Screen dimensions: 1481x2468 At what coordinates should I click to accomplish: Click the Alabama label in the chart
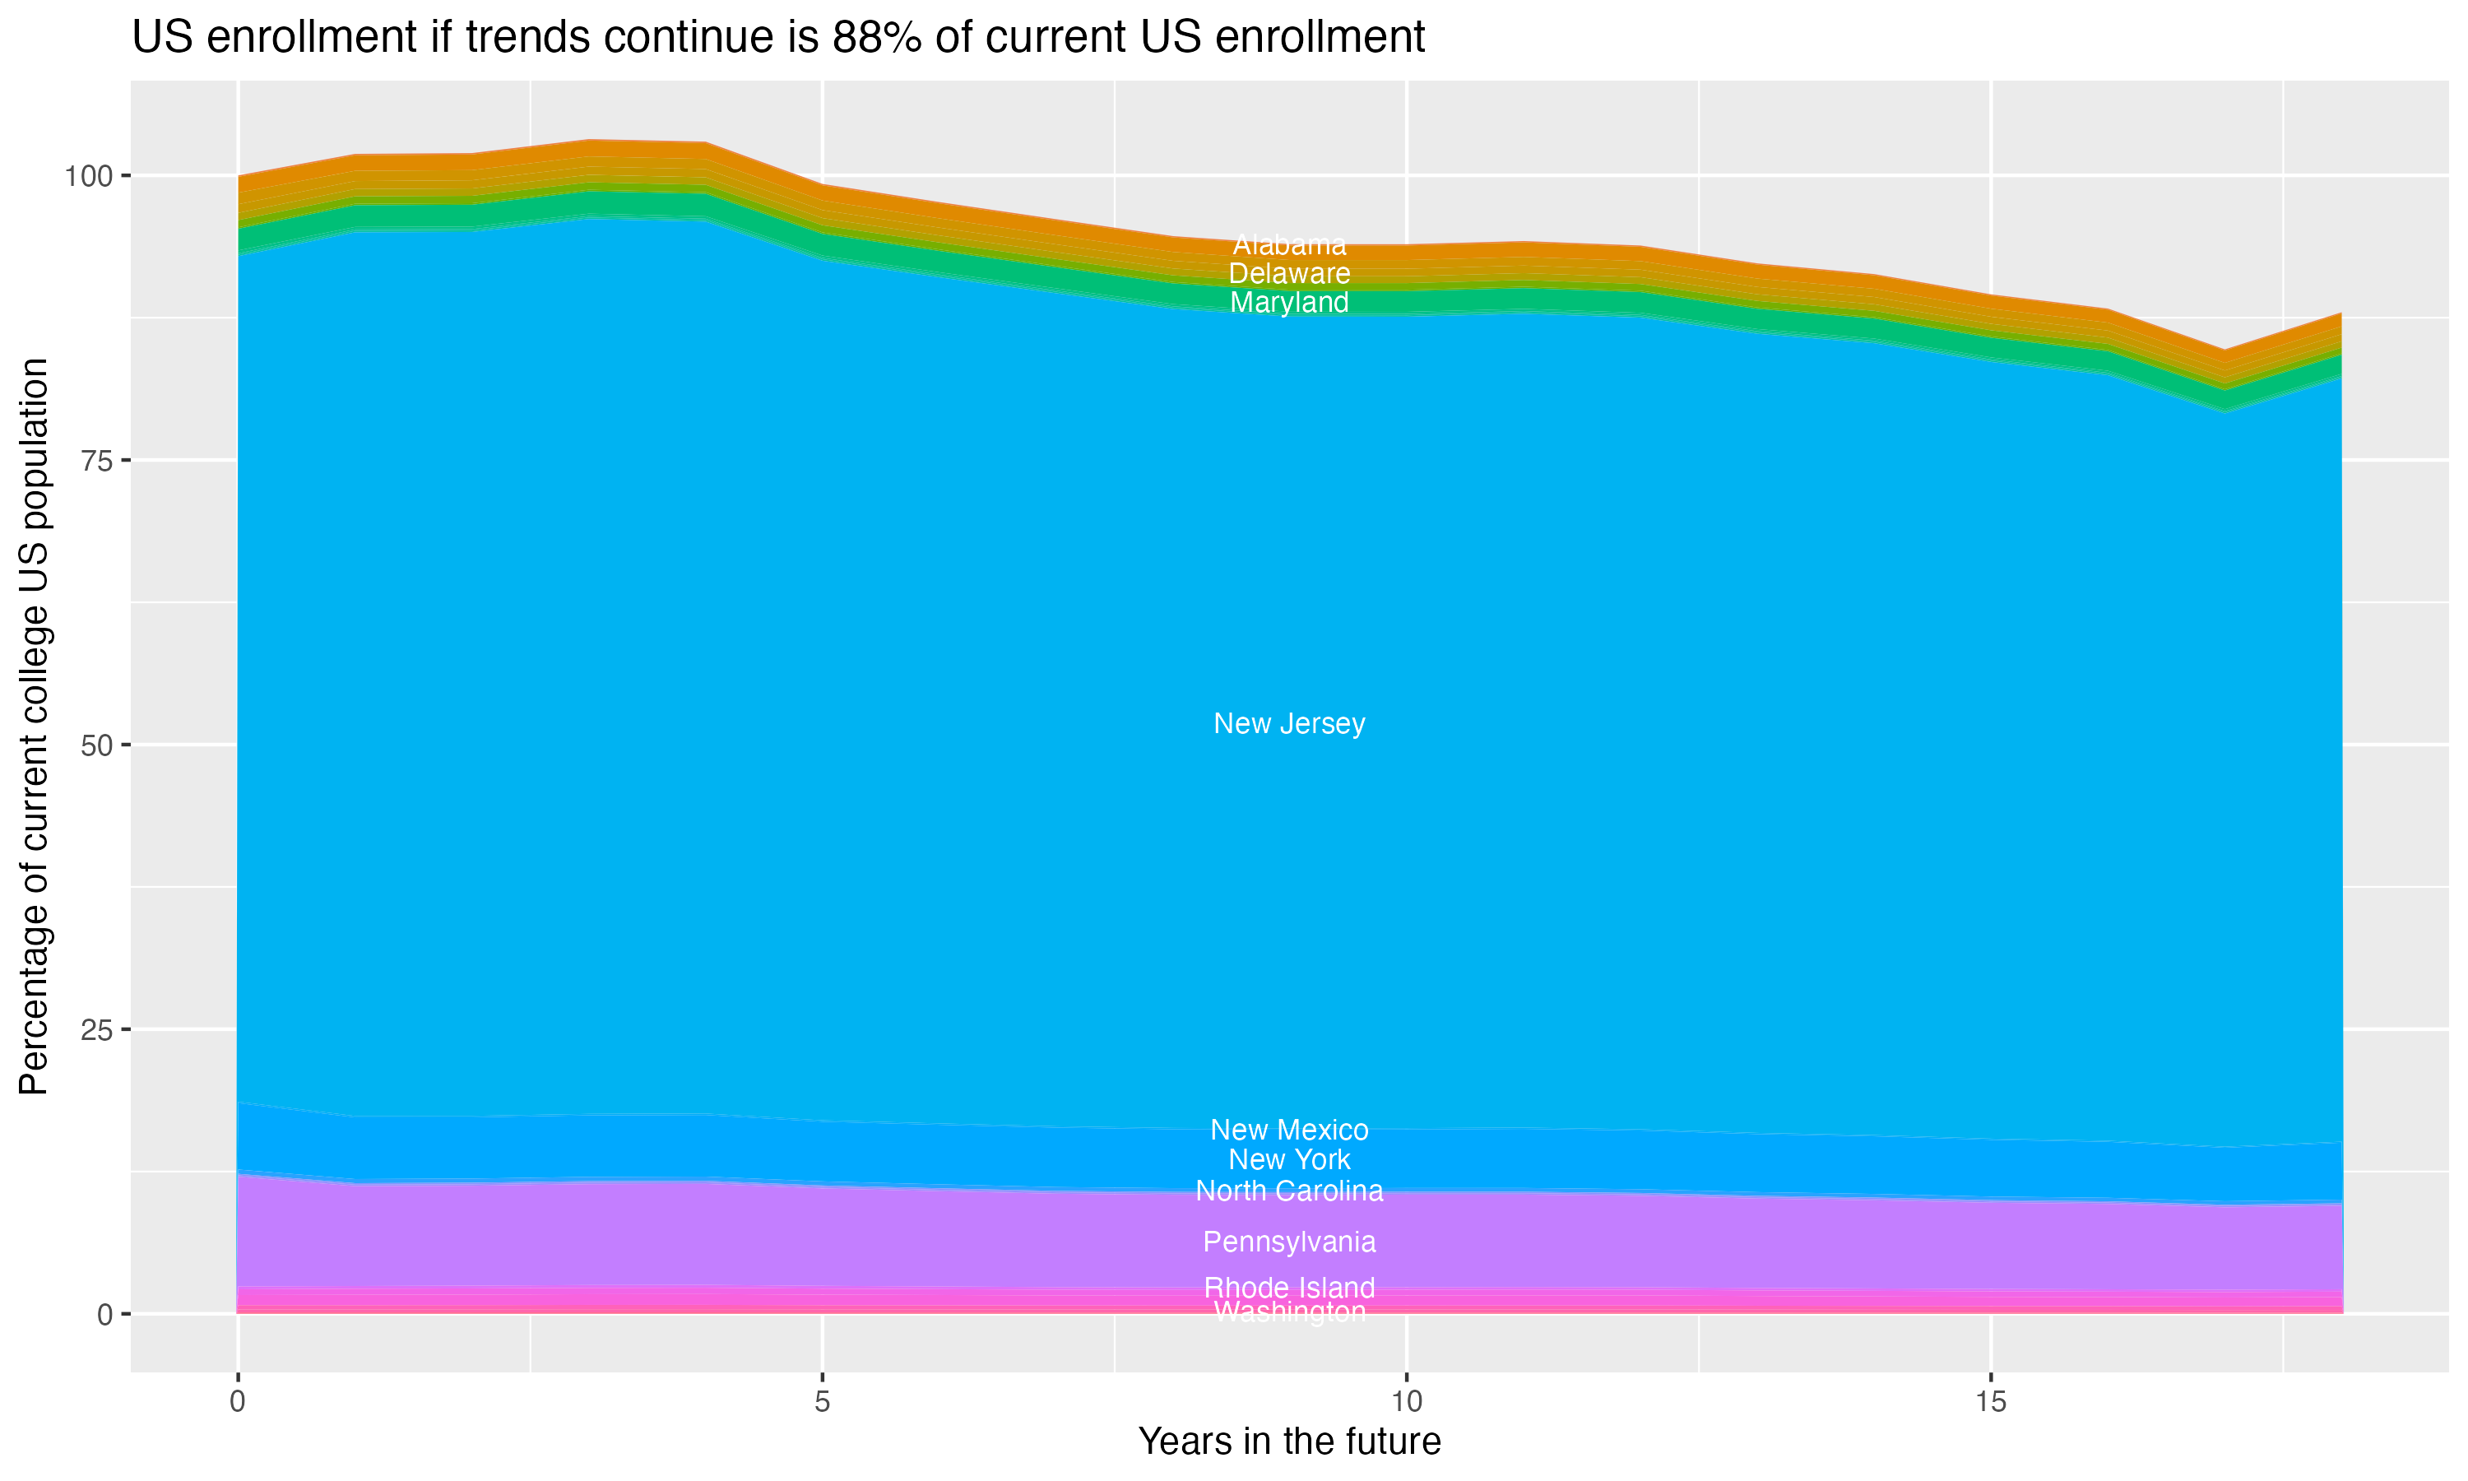[x=1289, y=244]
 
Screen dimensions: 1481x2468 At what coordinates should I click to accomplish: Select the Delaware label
[x=1289, y=273]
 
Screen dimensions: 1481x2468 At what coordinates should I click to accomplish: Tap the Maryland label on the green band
[x=1289, y=303]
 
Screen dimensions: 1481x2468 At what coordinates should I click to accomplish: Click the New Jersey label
[x=1289, y=723]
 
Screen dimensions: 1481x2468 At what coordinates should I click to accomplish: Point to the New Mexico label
[x=1289, y=1130]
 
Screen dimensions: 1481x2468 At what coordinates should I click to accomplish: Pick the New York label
[x=1289, y=1159]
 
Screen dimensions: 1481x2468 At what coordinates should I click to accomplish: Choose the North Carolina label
[x=1289, y=1191]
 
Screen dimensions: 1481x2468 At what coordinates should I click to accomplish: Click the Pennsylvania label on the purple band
[x=1289, y=1242]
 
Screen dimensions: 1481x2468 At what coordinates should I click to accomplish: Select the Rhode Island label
[x=1289, y=1288]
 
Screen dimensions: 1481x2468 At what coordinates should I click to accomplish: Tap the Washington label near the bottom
[x=1289, y=1312]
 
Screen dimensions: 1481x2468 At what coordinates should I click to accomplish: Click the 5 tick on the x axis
[x=822, y=1401]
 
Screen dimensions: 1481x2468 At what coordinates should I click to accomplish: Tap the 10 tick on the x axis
[x=1406, y=1401]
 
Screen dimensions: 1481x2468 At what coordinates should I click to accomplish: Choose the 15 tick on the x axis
[x=1990, y=1401]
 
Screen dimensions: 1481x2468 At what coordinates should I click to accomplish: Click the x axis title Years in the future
[x=1289, y=1441]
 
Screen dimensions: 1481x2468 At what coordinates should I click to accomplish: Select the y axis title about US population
[x=35, y=727]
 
